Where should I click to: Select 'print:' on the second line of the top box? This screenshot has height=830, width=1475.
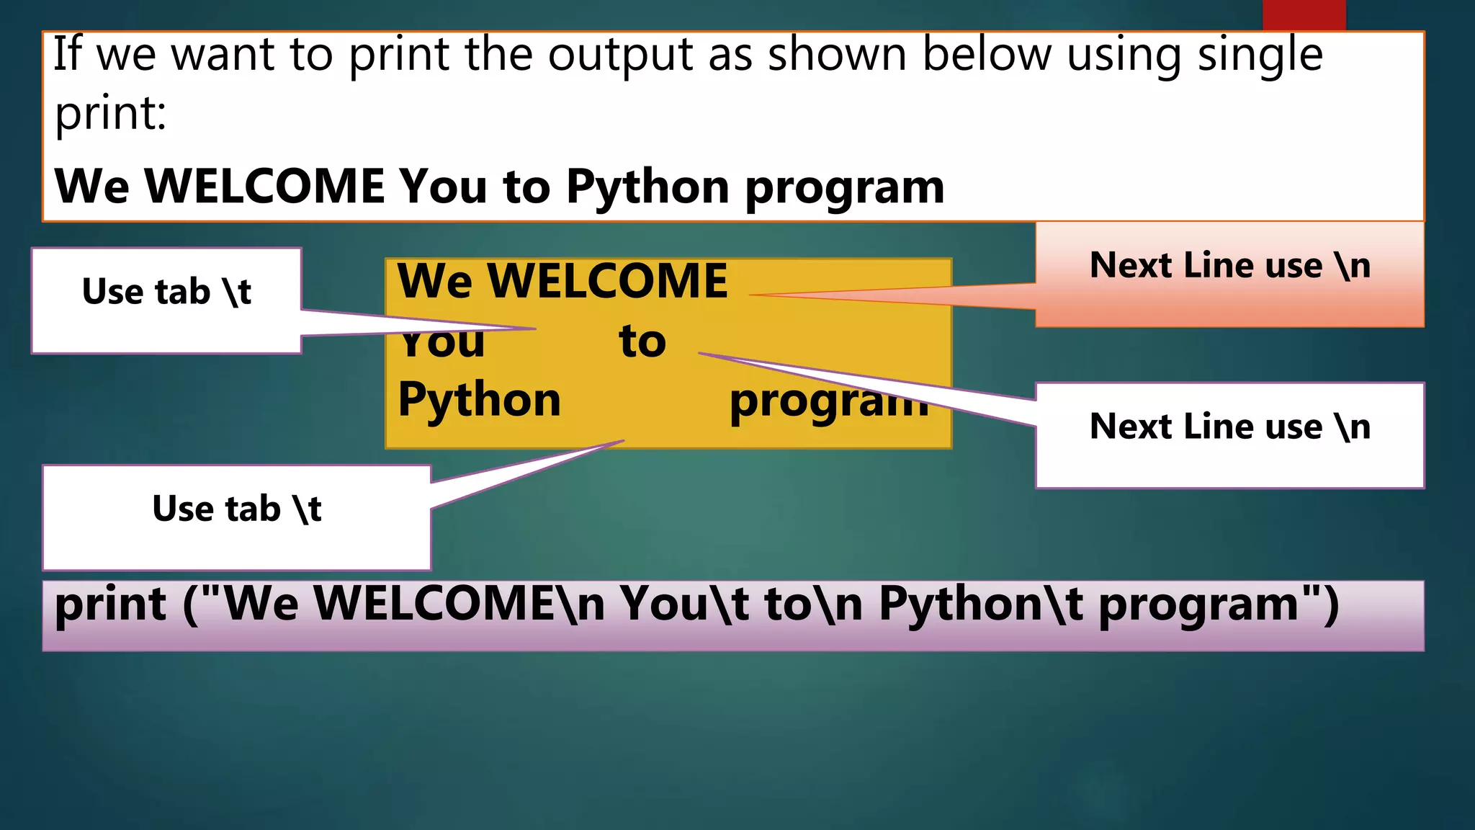[x=110, y=114]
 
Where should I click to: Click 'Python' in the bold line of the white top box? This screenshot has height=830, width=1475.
[x=647, y=187]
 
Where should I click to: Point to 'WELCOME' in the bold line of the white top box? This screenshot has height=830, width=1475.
[x=265, y=186]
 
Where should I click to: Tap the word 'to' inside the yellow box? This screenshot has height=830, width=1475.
[x=642, y=341]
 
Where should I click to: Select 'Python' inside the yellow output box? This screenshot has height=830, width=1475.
[x=479, y=401]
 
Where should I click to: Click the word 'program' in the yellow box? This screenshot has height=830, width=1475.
[x=828, y=402]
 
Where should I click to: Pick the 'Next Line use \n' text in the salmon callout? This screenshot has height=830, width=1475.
[x=1229, y=265]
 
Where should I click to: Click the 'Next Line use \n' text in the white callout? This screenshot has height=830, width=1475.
[x=1229, y=427]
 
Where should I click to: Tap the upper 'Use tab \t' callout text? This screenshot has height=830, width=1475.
[x=166, y=292]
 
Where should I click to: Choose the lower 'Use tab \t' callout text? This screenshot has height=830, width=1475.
[x=236, y=509]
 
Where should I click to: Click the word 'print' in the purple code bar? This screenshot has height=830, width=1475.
[x=111, y=605]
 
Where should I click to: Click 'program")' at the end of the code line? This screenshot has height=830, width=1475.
[x=1219, y=605]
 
